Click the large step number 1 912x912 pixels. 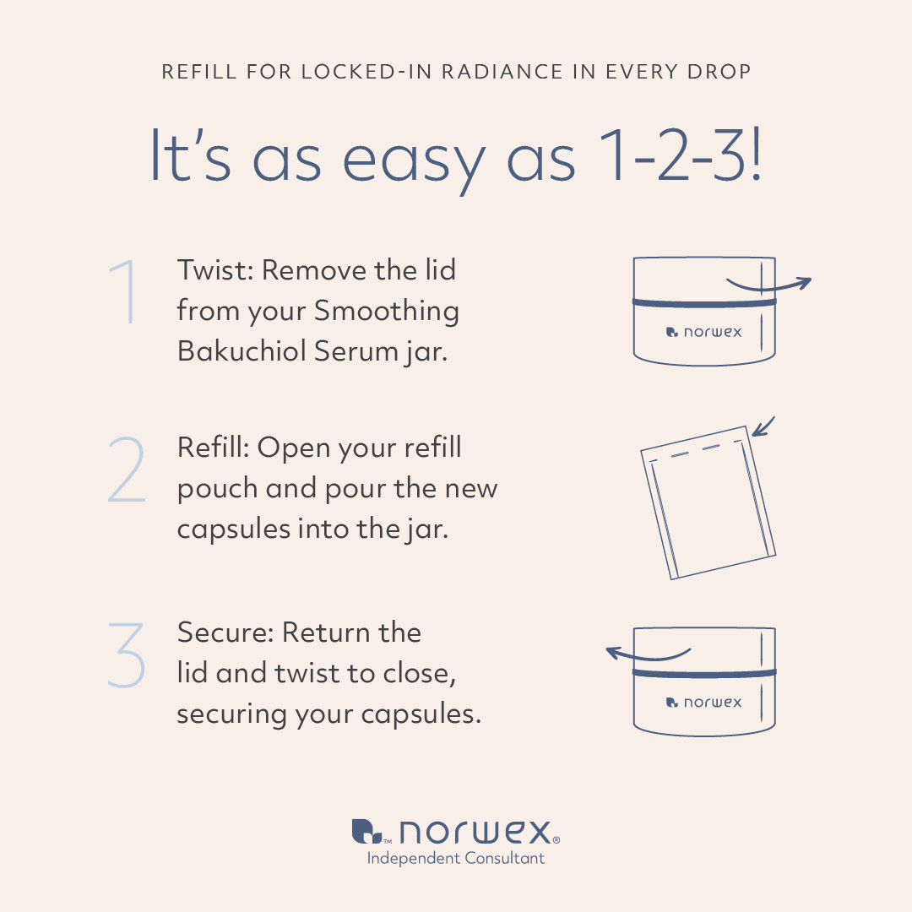pos(125,291)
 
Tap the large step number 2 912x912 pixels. pos(127,470)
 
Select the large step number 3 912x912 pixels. pos(126,655)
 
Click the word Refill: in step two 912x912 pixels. pos(214,448)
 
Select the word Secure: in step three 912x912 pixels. pos(225,632)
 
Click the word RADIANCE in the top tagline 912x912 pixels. pos(502,72)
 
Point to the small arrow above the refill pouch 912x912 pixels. pos(763,426)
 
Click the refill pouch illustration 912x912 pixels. pos(708,503)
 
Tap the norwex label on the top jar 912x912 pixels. pos(703,332)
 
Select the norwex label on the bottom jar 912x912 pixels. pos(703,703)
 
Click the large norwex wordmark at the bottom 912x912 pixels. pos(455,832)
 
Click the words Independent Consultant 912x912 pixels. pos(456,859)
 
